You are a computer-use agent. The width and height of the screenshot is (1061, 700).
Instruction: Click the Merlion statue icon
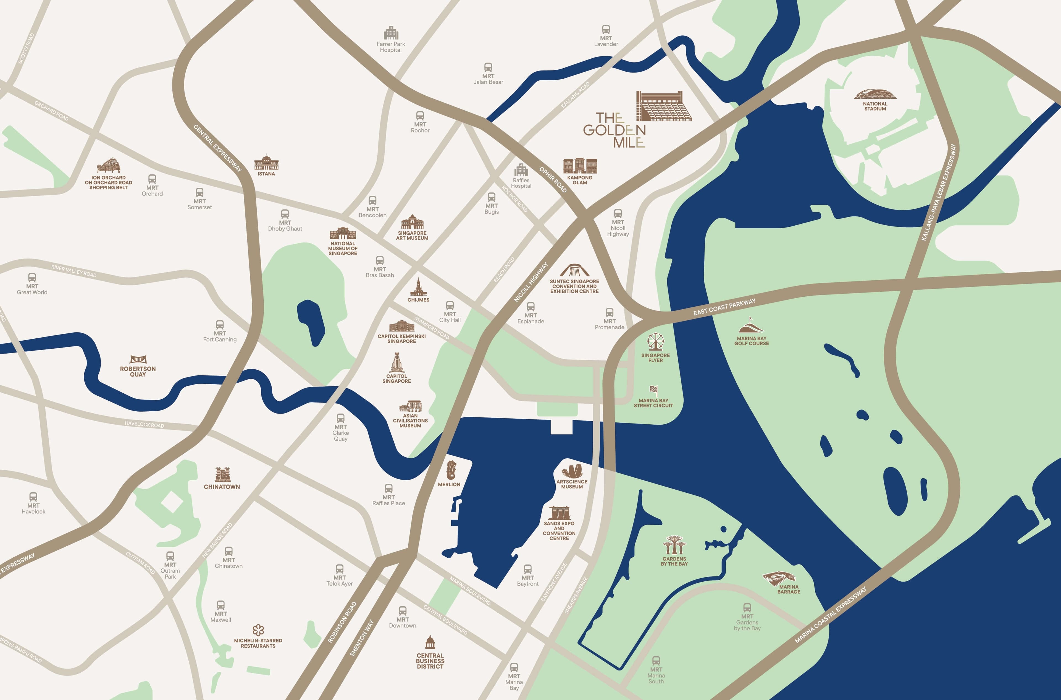451,470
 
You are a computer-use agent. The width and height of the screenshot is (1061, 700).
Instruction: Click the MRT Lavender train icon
606,30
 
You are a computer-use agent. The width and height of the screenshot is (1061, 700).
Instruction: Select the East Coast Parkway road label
724,307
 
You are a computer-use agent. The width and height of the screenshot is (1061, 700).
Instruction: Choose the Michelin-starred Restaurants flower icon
258,630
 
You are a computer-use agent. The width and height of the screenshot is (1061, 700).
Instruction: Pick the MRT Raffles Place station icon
388,489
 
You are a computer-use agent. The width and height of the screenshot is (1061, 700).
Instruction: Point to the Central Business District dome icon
430,643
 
